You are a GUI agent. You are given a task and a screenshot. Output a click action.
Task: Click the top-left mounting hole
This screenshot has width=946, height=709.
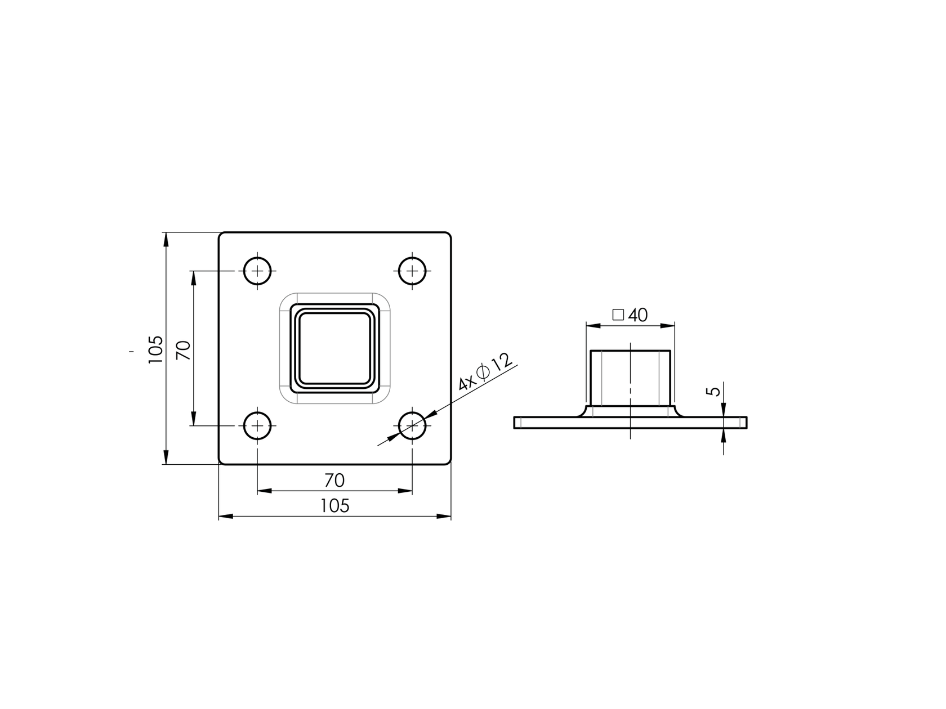(x=257, y=271)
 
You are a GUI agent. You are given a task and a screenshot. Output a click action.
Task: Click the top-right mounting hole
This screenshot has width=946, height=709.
(x=412, y=271)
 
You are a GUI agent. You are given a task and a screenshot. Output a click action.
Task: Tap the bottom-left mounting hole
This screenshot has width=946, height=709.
(x=257, y=426)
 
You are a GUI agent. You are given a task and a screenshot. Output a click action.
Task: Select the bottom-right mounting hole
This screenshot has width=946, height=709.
(x=412, y=426)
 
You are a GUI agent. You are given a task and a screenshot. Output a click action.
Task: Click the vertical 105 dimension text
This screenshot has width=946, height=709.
(x=156, y=349)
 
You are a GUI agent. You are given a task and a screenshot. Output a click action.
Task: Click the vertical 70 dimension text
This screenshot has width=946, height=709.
(x=184, y=350)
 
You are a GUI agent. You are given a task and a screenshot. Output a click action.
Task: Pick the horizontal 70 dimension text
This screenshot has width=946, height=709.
(x=334, y=481)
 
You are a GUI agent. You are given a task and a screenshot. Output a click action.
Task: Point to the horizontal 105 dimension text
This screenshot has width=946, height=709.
(x=335, y=506)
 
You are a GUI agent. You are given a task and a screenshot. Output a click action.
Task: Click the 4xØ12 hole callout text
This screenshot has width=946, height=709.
(x=485, y=372)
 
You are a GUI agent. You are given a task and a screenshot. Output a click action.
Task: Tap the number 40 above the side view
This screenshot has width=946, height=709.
(x=637, y=315)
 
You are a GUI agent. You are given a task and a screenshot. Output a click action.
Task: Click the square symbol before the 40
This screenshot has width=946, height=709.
(x=618, y=315)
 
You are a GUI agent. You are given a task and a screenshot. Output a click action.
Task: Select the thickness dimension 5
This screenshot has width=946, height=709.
(x=713, y=391)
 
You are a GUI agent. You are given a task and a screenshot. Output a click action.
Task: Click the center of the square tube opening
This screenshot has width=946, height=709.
(x=335, y=348)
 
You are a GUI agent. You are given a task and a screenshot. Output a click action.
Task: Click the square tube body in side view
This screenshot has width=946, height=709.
(x=630, y=377)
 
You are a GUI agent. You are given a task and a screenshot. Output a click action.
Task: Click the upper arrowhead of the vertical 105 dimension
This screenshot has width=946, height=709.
(x=166, y=240)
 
